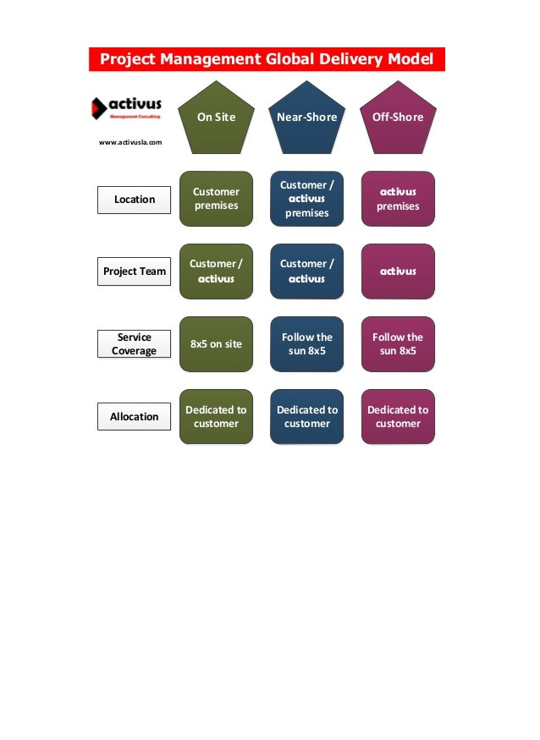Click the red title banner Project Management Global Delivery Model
(x=267, y=59)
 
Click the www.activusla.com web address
(x=130, y=142)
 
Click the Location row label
(x=134, y=199)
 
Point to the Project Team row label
(x=134, y=271)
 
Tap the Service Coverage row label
(x=134, y=343)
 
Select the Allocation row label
(x=134, y=416)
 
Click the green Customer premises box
(x=216, y=199)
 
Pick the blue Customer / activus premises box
(x=306, y=199)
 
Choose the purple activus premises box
(x=397, y=199)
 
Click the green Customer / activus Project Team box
(x=216, y=271)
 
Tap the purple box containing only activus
(x=397, y=271)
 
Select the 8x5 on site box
(x=216, y=344)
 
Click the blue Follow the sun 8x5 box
(x=306, y=344)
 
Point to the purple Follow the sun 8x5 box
(x=397, y=344)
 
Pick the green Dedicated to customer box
(x=216, y=416)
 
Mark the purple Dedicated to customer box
(x=397, y=416)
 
